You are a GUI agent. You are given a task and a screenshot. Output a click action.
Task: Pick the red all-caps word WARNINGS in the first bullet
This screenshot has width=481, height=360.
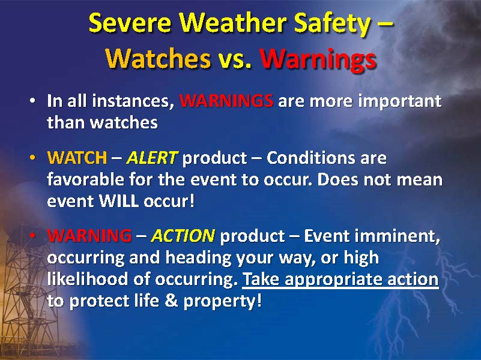(x=226, y=101)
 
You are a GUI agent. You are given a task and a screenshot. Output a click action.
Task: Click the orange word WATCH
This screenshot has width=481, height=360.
(x=76, y=158)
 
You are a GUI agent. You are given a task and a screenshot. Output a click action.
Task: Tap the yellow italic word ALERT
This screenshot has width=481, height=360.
(x=153, y=158)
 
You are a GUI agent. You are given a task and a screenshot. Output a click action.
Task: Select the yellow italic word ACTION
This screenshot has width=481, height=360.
(x=183, y=236)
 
